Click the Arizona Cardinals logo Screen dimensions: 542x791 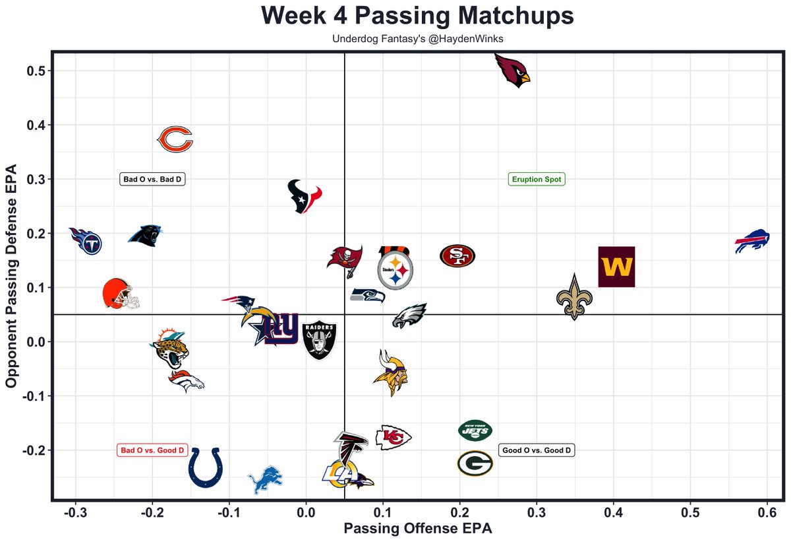tap(513, 71)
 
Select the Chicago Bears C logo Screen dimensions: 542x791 tap(175, 140)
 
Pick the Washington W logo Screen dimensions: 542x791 tap(616, 267)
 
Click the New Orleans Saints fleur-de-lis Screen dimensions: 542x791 tap(575, 298)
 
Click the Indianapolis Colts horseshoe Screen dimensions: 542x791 tap(206, 467)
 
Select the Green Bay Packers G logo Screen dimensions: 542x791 tap(475, 463)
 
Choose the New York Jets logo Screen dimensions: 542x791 tap(475, 430)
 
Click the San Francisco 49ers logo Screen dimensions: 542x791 tap(457, 256)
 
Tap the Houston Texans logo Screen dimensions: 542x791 tap(305, 196)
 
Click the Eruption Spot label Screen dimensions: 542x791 tap(537, 179)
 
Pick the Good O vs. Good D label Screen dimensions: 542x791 tap(537, 451)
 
